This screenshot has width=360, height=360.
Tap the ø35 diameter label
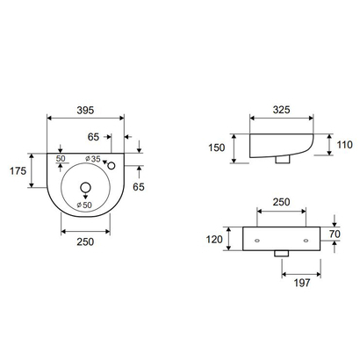click(x=94, y=159)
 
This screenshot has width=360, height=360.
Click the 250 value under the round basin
click(x=85, y=242)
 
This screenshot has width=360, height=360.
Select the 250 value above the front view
click(x=282, y=203)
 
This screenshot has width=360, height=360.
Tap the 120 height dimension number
click(x=214, y=238)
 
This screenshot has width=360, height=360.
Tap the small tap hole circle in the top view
click(x=112, y=163)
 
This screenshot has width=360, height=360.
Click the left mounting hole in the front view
click(x=257, y=238)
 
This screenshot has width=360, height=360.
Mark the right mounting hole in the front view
click(x=306, y=238)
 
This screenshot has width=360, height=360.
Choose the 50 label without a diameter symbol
click(x=61, y=159)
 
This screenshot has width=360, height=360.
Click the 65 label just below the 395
click(x=94, y=136)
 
